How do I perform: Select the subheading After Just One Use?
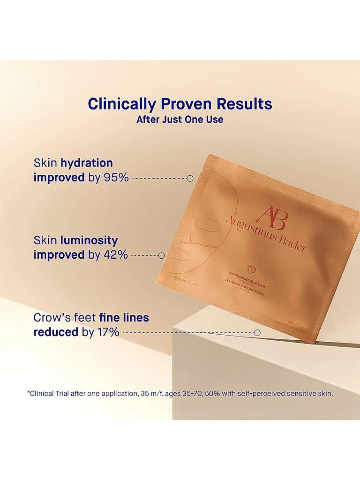click(180, 120)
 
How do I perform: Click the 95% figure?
click(115, 178)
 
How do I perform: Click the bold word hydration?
click(86, 163)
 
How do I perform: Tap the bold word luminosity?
click(89, 240)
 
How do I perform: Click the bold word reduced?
click(56, 332)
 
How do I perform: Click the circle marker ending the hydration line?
click(190, 178)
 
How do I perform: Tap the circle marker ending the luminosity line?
click(162, 255)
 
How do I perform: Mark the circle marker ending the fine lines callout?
click(257, 332)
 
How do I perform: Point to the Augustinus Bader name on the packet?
click(266, 233)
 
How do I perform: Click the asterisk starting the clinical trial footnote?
click(29, 392)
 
